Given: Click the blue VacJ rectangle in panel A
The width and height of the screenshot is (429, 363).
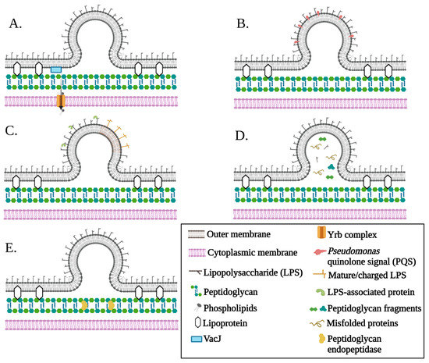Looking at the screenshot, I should point(55,70).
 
